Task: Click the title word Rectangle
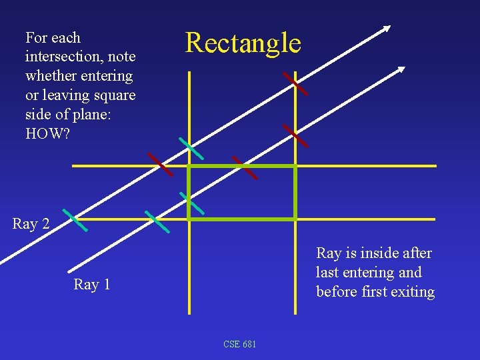(x=243, y=43)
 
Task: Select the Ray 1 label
(x=92, y=285)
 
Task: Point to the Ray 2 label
(x=31, y=224)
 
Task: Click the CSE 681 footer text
(x=239, y=344)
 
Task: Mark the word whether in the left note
(x=51, y=76)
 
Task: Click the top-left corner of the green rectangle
(x=189, y=166)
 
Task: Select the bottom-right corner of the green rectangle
(x=295, y=218)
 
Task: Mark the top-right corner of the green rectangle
(x=295, y=166)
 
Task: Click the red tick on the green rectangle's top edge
(x=245, y=167)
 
